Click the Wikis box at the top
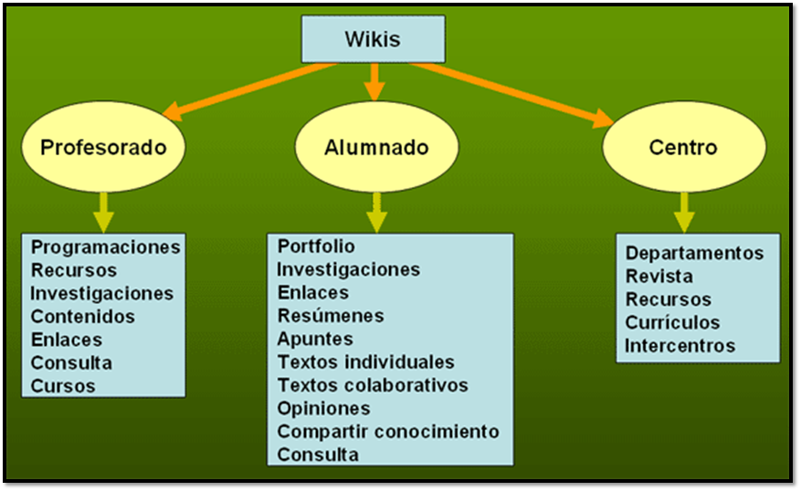tap(373, 40)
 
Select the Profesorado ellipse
tap(104, 147)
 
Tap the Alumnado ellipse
tap(376, 147)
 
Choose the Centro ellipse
tap(682, 147)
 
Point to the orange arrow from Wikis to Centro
tap(511, 92)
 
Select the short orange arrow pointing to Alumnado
tap(373, 83)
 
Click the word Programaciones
tap(106, 247)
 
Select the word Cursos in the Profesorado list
tap(63, 386)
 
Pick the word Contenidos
tap(83, 317)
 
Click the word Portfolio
tap(316, 246)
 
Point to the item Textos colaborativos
tap(373, 385)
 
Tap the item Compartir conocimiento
tap(388, 432)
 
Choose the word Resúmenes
tap(331, 316)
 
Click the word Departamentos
tap(694, 253)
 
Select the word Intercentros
tap(680, 346)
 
